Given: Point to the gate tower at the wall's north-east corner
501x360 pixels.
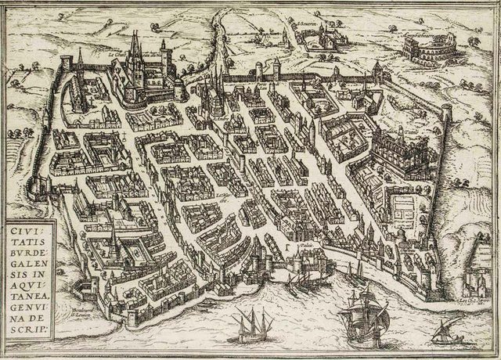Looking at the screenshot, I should click(x=377, y=74).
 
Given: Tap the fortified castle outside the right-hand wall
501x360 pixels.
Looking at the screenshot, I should click(x=479, y=278).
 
